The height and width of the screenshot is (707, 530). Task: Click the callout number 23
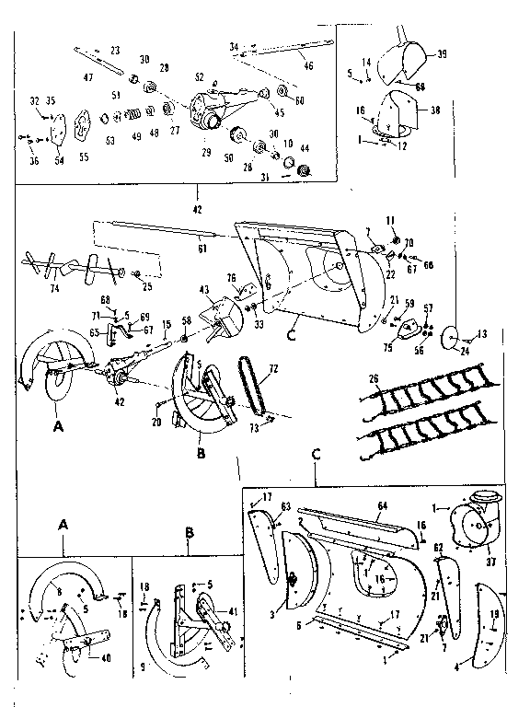(x=115, y=49)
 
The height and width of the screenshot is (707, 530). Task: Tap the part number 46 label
(x=308, y=66)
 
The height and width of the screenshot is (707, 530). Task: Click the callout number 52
(x=199, y=76)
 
